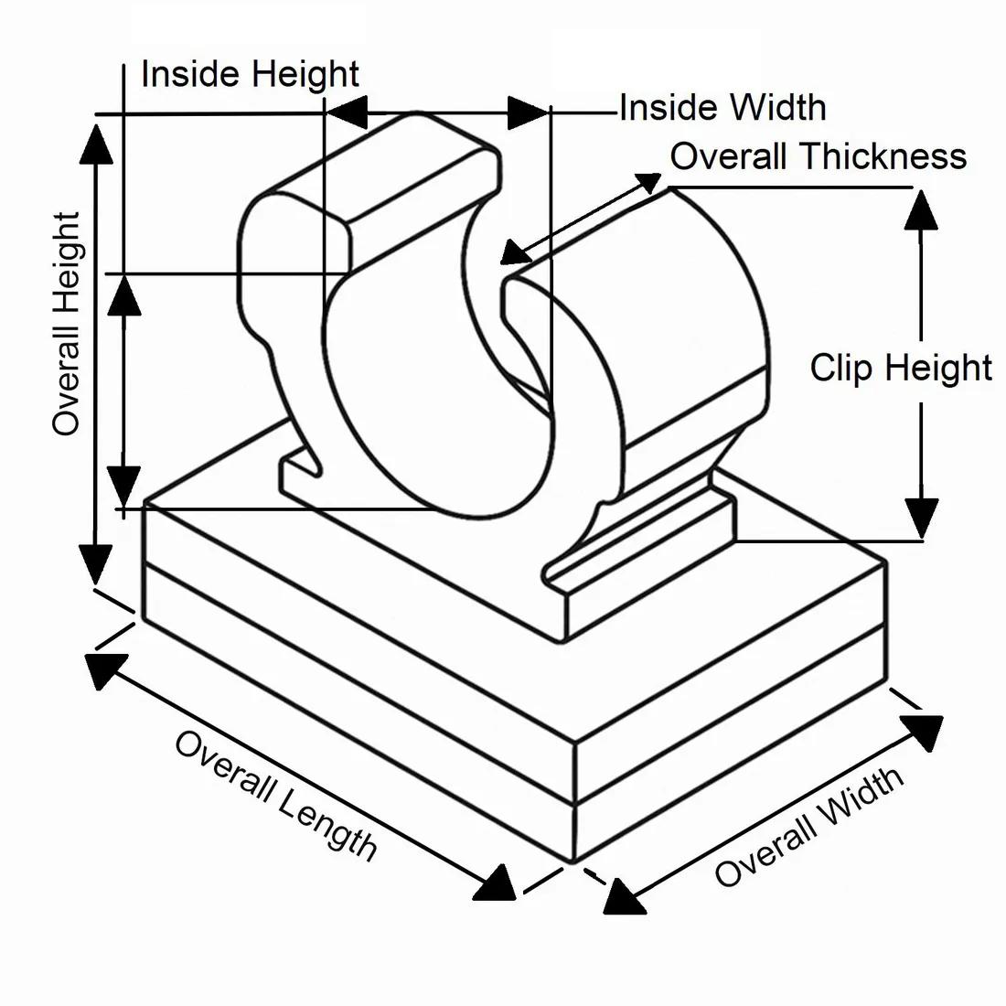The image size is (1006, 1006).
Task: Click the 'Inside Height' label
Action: click(250, 74)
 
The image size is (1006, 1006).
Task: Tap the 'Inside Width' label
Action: click(722, 108)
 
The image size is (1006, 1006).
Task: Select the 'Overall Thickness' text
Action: click(819, 156)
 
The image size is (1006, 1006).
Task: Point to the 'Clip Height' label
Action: click(901, 368)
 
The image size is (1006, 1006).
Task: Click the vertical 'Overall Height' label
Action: click(66, 325)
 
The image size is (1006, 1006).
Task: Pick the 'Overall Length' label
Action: click(275, 796)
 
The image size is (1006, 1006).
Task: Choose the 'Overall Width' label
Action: click(809, 828)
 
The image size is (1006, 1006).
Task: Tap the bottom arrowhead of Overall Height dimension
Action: click(95, 562)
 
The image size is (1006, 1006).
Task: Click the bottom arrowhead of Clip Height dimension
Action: click(922, 517)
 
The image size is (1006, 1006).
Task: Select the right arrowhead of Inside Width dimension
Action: click(528, 112)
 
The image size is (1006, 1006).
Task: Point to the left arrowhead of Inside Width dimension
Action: click(348, 113)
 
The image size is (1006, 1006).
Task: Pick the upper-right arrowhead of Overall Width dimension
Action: click(921, 732)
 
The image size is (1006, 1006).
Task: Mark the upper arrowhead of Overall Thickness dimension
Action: click(645, 186)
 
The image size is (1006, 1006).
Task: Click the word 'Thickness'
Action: click(883, 156)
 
